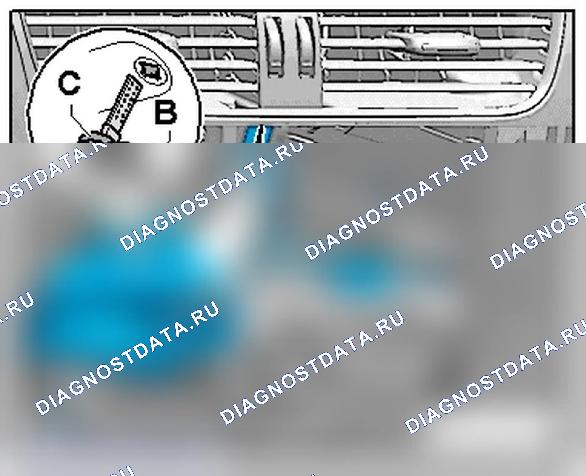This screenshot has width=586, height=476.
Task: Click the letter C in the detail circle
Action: pos(69,83)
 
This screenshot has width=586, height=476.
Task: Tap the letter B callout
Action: pos(166,112)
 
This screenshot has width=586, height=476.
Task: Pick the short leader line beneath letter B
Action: pos(170,136)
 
